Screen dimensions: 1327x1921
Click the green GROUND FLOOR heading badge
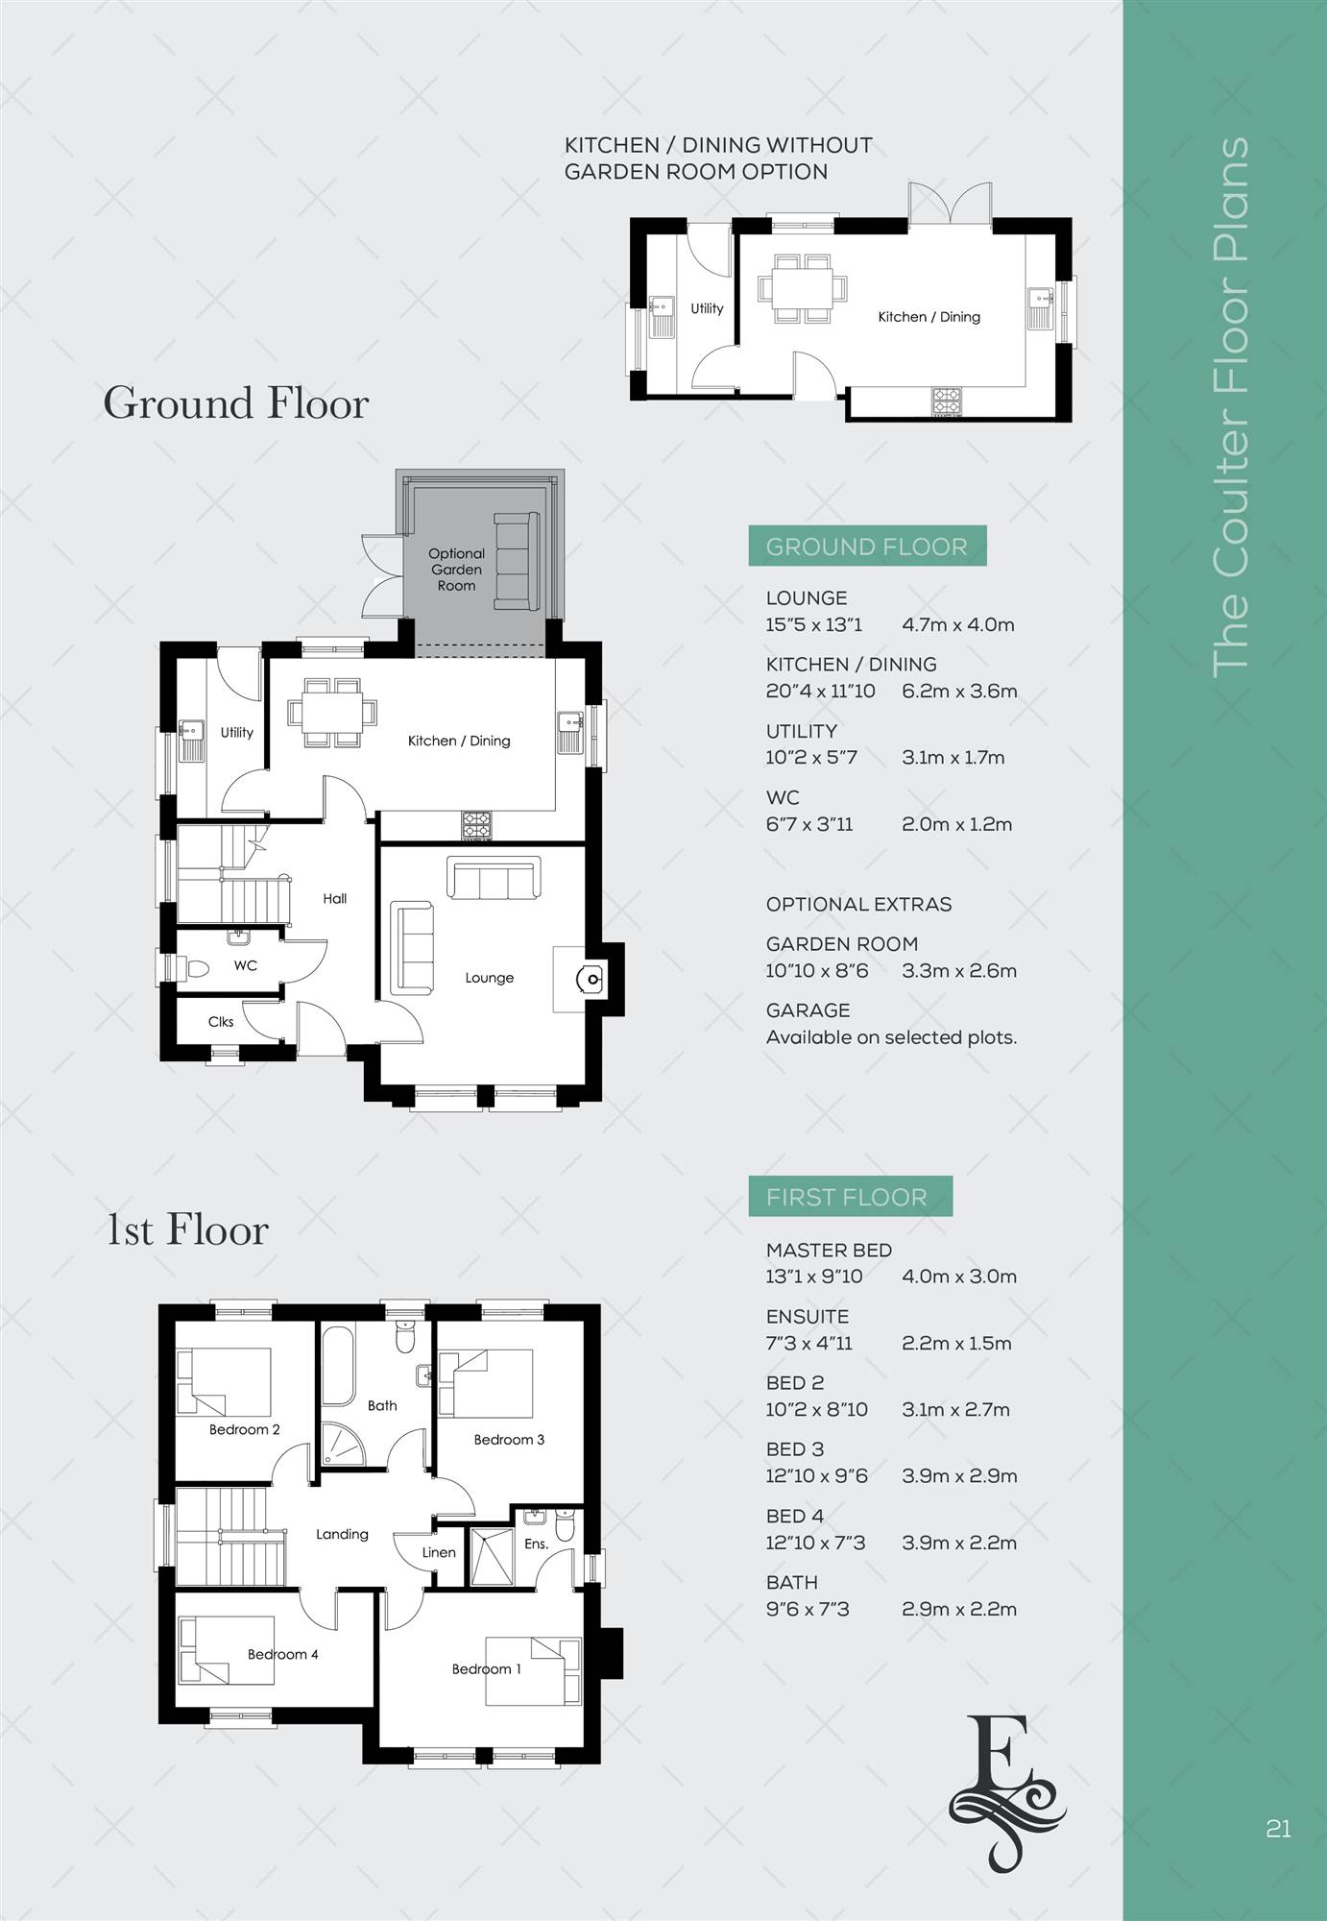pos(867,546)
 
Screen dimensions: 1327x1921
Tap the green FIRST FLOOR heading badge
pos(850,1197)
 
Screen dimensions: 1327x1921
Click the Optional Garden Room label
pos(456,570)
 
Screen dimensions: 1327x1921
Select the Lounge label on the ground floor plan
pos(490,978)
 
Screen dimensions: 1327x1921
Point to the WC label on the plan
pos(246,965)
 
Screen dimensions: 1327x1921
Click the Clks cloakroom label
pos(221,1022)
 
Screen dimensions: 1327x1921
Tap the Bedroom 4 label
pos(282,1654)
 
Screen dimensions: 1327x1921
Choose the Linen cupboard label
pos(439,1552)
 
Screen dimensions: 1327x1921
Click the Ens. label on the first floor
pos(536,1544)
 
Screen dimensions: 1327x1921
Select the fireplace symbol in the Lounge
pos(588,979)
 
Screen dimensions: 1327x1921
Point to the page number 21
pos(1278,1828)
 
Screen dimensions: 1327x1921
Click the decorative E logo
pos(1006,1786)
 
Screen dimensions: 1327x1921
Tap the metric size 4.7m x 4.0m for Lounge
pos(958,624)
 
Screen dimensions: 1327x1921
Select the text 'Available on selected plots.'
pos(891,1037)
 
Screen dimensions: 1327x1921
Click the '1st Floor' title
pos(187,1229)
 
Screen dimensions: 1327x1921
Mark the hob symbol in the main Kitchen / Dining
pos(477,825)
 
